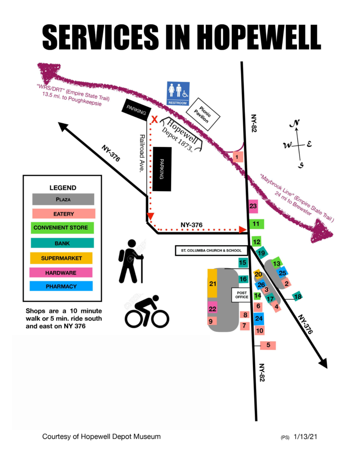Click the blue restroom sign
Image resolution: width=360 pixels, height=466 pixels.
coord(177,93)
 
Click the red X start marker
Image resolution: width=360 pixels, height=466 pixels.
coord(154,120)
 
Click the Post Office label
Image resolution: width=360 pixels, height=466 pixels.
coord(241,294)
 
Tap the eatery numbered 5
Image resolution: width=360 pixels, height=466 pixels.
coord(268,345)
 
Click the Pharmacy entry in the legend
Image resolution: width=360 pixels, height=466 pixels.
coord(62,286)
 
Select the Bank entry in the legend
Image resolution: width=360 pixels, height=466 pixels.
coord(62,243)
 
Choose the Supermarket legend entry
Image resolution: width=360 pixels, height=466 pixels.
coord(62,258)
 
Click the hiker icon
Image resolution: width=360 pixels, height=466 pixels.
coord(131,261)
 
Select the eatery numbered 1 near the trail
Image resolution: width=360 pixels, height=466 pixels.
coord(237,157)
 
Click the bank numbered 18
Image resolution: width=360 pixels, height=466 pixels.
coord(298,297)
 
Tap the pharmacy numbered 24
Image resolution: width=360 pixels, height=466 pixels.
coord(259,318)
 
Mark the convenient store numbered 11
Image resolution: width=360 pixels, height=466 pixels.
coord(256,224)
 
